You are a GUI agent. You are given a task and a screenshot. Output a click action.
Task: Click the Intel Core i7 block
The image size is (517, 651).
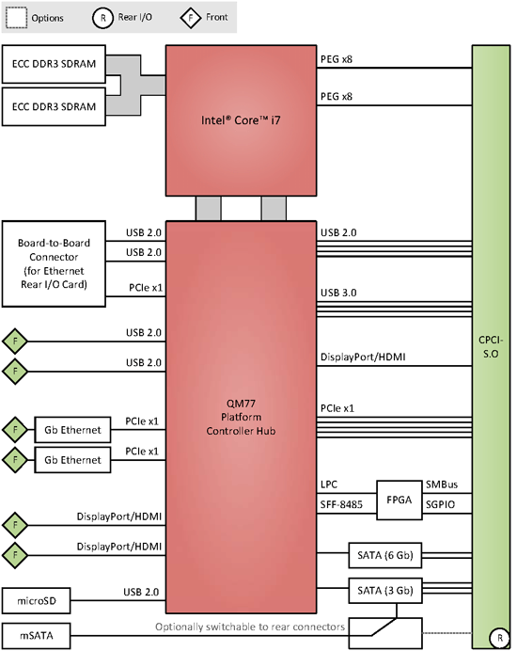tap(241, 120)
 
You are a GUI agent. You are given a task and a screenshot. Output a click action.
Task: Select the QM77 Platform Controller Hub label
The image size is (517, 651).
tap(241, 417)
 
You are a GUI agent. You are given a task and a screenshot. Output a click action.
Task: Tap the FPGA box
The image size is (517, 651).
tap(399, 500)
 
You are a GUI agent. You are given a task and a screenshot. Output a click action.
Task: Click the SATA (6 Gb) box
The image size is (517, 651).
tap(385, 555)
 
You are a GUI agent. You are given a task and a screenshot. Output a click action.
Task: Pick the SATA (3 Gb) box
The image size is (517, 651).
tap(385, 591)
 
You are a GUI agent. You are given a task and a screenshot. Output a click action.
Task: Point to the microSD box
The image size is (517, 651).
tap(36, 601)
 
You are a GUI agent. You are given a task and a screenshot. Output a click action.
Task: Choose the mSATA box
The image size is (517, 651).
tap(36, 636)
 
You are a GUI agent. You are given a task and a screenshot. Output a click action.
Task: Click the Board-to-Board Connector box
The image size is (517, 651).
tap(54, 263)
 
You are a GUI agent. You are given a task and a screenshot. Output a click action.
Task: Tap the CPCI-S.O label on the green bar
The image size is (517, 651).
tap(491, 347)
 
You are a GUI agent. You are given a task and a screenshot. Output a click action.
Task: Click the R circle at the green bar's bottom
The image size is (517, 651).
tap(499, 638)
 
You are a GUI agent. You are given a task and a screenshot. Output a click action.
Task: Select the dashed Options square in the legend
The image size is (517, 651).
tap(17, 18)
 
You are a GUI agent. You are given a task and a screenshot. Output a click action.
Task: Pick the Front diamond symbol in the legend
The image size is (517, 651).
tap(191, 18)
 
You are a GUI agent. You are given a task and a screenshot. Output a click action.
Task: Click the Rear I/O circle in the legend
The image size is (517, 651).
tap(102, 18)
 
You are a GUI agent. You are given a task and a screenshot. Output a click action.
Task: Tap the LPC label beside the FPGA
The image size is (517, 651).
tap(329, 484)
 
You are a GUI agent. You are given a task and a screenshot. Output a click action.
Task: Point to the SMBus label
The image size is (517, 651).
tap(442, 484)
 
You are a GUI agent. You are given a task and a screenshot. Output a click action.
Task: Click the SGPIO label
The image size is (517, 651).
tap(440, 504)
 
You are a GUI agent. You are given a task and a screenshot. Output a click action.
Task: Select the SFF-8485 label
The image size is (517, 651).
tap(341, 504)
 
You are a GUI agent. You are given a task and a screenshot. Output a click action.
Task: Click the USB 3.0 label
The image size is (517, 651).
tap(338, 293)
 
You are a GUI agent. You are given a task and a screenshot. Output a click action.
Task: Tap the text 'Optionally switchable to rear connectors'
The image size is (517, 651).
tap(250, 627)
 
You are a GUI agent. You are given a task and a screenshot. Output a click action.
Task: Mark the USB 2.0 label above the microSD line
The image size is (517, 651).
tap(141, 592)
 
